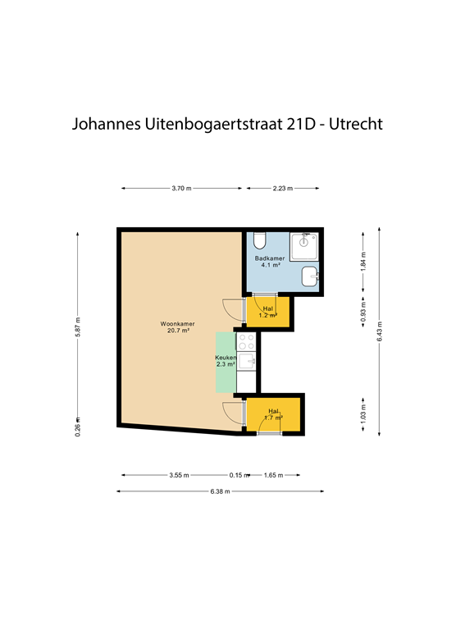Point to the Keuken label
click(226, 360)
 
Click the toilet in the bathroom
click(260, 240)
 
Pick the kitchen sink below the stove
click(247, 360)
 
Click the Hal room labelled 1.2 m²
click(267, 312)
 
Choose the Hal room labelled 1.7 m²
click(273, 415)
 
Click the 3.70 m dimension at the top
click(181, 189)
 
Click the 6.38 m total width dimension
click(220, 491)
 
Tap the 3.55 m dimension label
click(179, 475)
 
